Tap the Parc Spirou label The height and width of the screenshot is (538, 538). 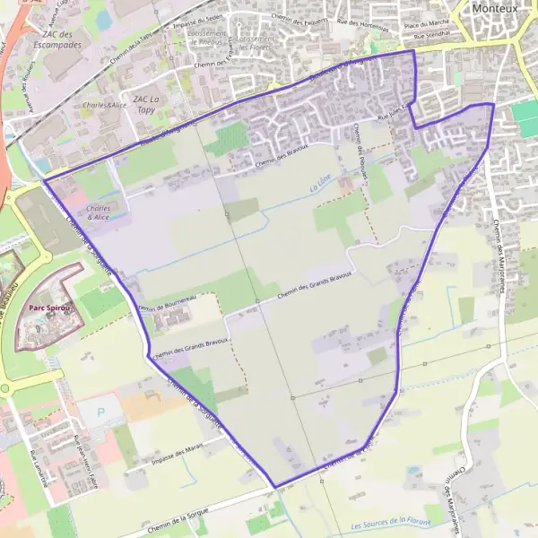49,307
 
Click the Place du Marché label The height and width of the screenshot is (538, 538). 425,22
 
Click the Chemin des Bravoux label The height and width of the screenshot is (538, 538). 282,156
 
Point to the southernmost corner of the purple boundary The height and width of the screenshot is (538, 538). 274,487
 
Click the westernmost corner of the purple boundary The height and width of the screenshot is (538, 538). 43,180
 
